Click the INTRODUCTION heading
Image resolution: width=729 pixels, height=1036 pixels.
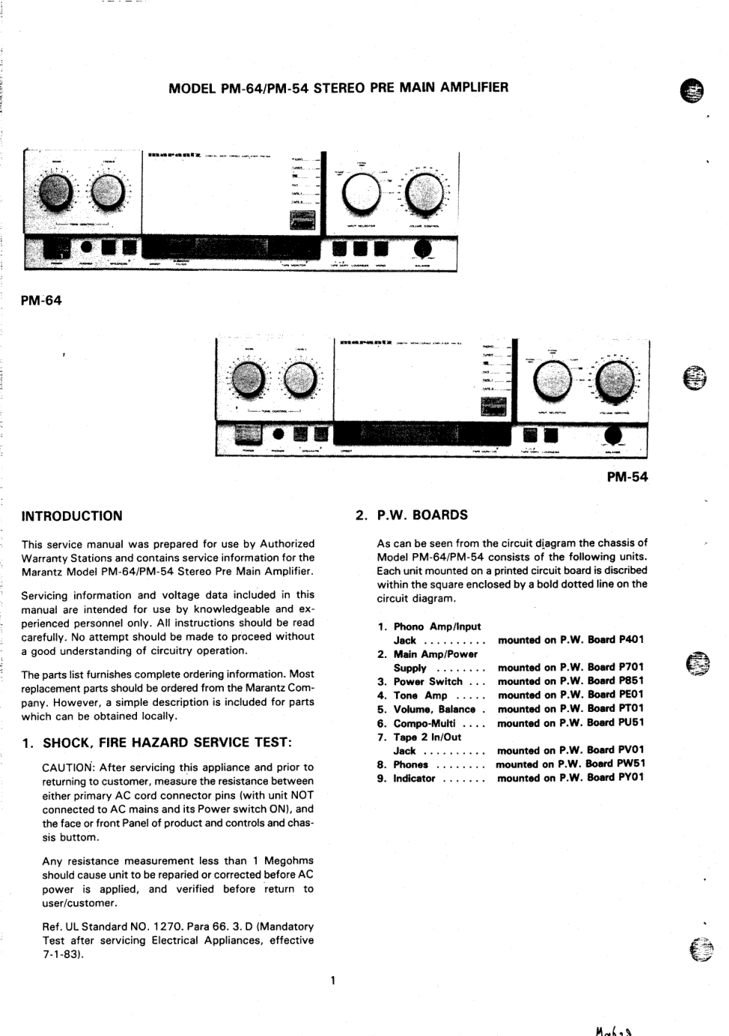[x=72, y=516]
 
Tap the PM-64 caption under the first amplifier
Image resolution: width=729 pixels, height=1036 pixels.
[x=42, y=300]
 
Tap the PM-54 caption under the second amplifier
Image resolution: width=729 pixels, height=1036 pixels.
[x=627, y=477]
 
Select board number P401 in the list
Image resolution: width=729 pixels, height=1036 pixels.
[x=631, y=640]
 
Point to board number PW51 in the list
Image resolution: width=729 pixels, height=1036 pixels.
[x=632, y=764]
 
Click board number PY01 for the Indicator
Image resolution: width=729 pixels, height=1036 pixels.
[x=632, y=778]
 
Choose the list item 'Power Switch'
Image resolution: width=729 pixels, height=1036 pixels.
[x=428, y=682]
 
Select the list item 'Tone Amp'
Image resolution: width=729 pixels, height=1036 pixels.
[x=421, y=695]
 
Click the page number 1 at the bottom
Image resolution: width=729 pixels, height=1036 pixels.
[x=332, y=980]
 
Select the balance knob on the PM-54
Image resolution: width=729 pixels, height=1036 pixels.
[x=615, y=436]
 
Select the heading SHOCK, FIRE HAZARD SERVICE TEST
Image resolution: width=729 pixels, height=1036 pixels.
[x=167, y=743]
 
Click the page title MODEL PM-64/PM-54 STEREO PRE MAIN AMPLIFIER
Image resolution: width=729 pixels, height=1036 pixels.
[x=338, y=88]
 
